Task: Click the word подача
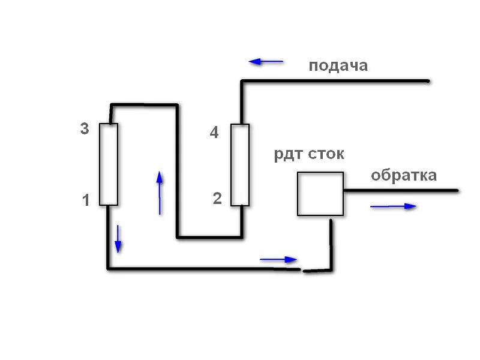tap(338, 65)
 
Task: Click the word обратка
tap(404, 176)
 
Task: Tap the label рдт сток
tap(310, 154)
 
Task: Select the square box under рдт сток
tap(320, 194)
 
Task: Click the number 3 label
tap(85, 128)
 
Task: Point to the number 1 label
tap(86, 201)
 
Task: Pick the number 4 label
tap(214, 133)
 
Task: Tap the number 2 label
tap(217, 199)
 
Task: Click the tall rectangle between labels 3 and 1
tap(108, 164)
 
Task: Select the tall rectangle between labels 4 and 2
tap(240, 164)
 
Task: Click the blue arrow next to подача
tap(266, 61)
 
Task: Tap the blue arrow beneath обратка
tap(393, 206)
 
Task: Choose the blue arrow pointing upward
tap(160, 193)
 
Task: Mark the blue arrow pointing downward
tap(118, 239)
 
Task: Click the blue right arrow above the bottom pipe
tap(278, 260)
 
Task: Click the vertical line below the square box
tap(331, 243)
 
